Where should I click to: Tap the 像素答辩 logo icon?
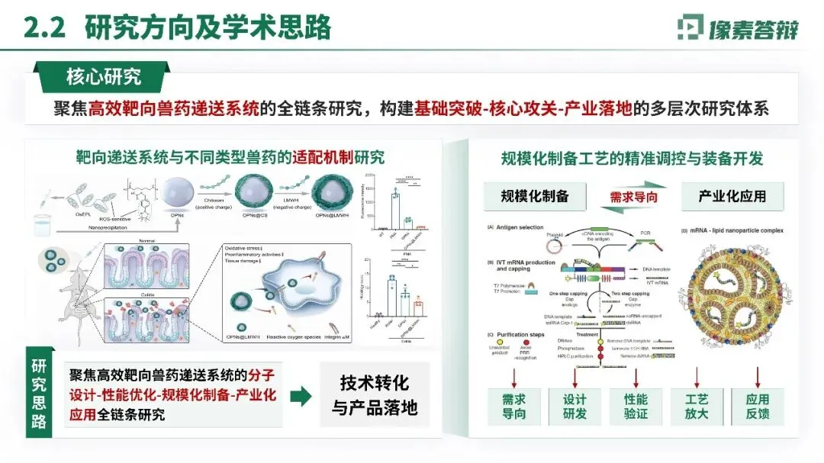tap(693, 27)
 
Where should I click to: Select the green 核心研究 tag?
tap(104, 76)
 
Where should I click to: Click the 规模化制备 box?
tap(535, 197)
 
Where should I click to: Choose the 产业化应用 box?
tap(732, 197)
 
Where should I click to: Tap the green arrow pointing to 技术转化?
tap(301, 395)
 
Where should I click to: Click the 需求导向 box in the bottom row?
tap(514, 407)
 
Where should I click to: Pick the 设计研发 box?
tap(575, 407)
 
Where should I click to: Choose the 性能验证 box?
tap(636, 407)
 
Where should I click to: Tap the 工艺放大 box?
tap(696, 407)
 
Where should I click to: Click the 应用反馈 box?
tap(758, 407)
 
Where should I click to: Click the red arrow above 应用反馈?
tap(758, 376)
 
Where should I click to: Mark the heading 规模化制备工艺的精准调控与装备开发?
tap(632, 159)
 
